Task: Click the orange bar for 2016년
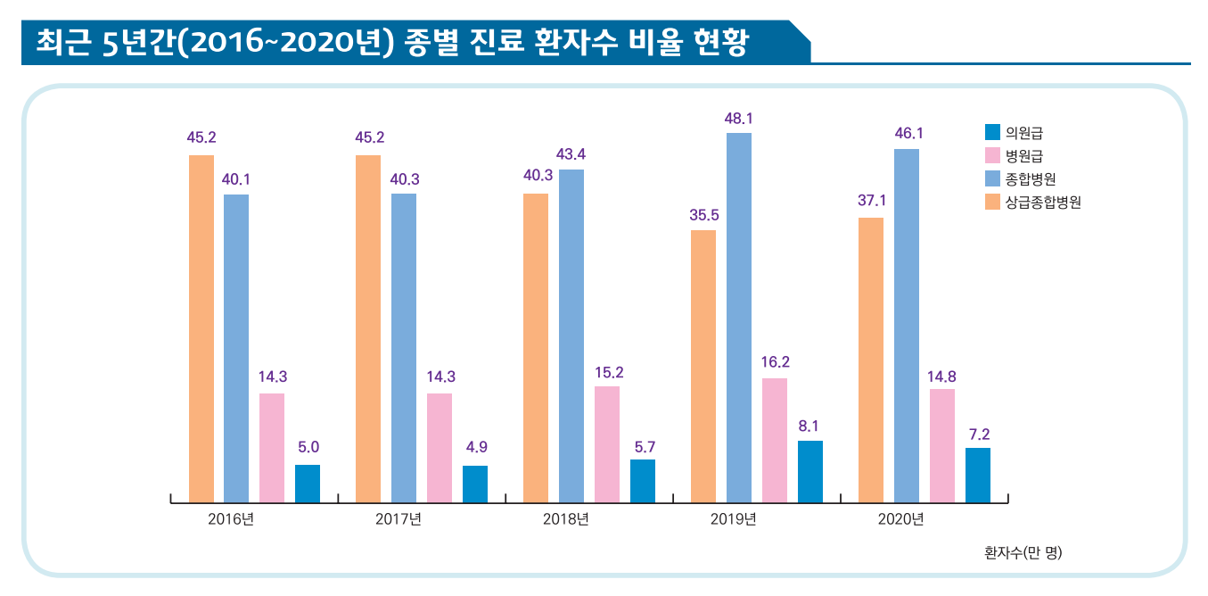pyautogui.click(x=201, y=328)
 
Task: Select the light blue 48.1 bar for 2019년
pyautogui.click(x=739, y=318)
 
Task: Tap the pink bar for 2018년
pyautogui.click(x=607, y=444)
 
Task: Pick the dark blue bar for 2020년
pyautogui.click(x=978, y=475)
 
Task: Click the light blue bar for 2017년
pyautogui.click(x=404, y=348)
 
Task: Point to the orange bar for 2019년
pyautogui.click(x=703, y=366)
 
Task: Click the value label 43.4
pyautogui.click(x=571, y=154)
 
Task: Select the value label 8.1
pyautogui.click(x=809, y=426)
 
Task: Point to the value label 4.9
pyautogui.click(x=476, y=447)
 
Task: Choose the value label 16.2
pyautogui.click(x=775, y=362)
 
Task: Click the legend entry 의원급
pyautogui.click(x=1023, y=133)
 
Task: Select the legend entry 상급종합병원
pyautogui.click(x=1042, y=203)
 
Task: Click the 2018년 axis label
pyautogui.click(x=565, y=519)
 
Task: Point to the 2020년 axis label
pyautogui.click(x=900, y=519)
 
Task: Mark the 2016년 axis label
pyautogui.click(x=230, y=519)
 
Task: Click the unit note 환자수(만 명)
pyautogui.click(x=1023, y=552)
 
